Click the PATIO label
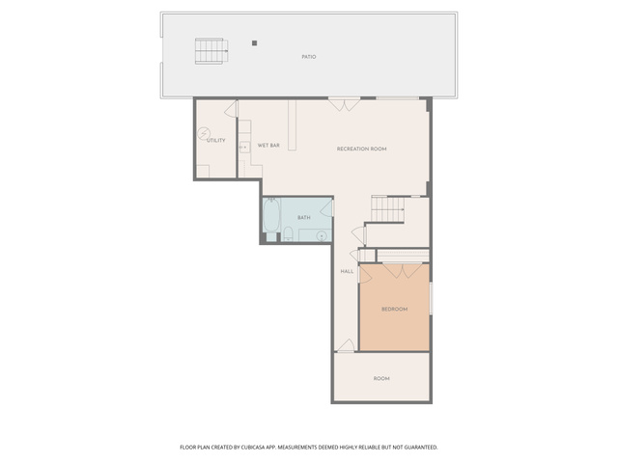pos(309,57)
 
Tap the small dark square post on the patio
pos(255,42)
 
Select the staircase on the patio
pos(211,51)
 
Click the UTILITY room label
pos(216,140)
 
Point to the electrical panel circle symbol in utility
pos(204,133)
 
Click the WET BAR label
pos(268,146)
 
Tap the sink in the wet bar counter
pos(244,147)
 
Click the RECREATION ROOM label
pos(361,149)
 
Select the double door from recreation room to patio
pos(345,104)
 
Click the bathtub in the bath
pos(271,215)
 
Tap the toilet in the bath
pos(288,233)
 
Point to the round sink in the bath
pos(322,235)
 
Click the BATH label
pos(304,217)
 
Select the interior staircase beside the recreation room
pos(388,209)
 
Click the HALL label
pos(347,271)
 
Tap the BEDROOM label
pos(395,309)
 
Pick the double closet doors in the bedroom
pos(403,271)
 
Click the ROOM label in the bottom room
pos(381,378)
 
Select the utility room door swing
pos(231,109)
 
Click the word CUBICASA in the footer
pos(255,448)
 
